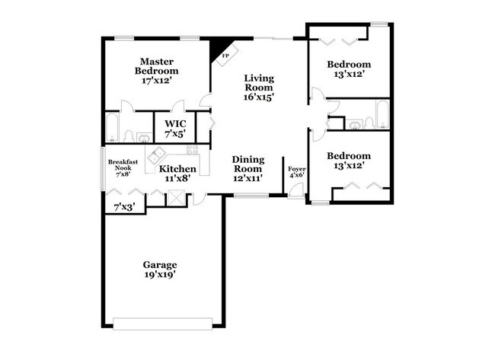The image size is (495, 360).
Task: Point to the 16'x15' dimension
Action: (259, 97)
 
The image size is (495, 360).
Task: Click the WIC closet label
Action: (174, 123)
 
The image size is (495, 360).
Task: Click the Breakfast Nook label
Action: (122, 165)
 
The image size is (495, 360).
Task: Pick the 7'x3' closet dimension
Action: (123, 206)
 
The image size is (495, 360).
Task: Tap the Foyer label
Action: (295, 171)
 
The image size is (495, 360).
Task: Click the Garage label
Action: (160, 265)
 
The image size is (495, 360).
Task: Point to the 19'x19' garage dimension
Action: (160, 275)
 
